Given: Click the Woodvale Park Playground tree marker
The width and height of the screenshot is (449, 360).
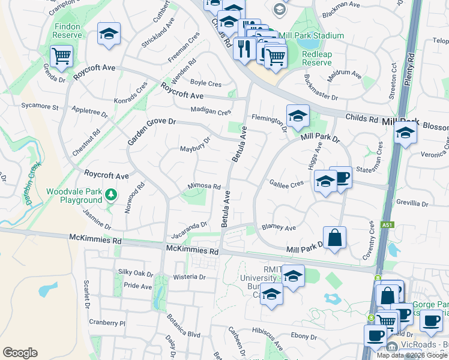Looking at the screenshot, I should pos(110,194).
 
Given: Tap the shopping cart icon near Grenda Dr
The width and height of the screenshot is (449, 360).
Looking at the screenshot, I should pos(61,57).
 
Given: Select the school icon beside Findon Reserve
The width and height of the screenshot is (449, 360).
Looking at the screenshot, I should pos(109,34).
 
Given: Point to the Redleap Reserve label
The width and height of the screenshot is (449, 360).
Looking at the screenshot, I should pos(316,58).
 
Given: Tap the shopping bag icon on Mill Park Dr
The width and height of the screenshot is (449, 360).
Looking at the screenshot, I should pos(335,236).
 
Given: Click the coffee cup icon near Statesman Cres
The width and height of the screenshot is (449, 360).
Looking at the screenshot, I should pos(341,178).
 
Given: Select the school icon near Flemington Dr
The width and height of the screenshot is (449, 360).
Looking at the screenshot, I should pos(297,117).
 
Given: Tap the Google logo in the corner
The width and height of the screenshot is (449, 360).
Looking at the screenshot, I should pos(20,353).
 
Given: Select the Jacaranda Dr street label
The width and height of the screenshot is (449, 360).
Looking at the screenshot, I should pos(188,226).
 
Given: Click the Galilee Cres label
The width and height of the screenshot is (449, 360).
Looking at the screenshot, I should pos(286,184).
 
